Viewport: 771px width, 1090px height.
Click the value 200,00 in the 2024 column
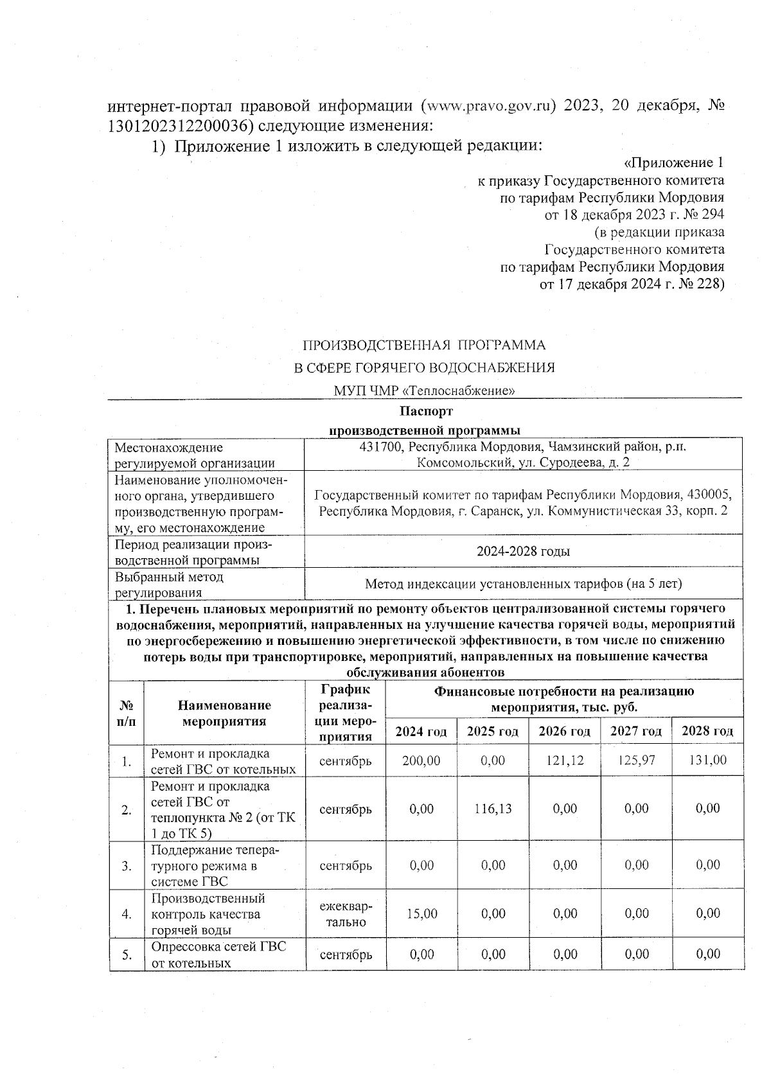pos(421,760)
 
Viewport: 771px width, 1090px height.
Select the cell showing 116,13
pos(493,809)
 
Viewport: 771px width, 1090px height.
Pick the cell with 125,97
pos(636,760)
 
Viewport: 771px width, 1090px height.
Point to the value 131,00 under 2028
pos(707,760)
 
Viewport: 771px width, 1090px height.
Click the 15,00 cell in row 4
pos(421,913)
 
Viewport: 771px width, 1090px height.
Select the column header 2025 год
pos(493,731)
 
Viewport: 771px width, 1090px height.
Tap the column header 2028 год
pos(707,731)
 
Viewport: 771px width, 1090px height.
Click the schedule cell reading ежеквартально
pos(346,914)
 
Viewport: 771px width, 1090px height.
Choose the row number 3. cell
pos(127,866)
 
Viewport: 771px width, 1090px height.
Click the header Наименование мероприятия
pos(224,713)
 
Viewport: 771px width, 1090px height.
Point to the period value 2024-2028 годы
pos(523,552)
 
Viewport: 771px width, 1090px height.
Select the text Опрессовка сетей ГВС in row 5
pos(218,947)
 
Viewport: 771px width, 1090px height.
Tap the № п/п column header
pos(127,713)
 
